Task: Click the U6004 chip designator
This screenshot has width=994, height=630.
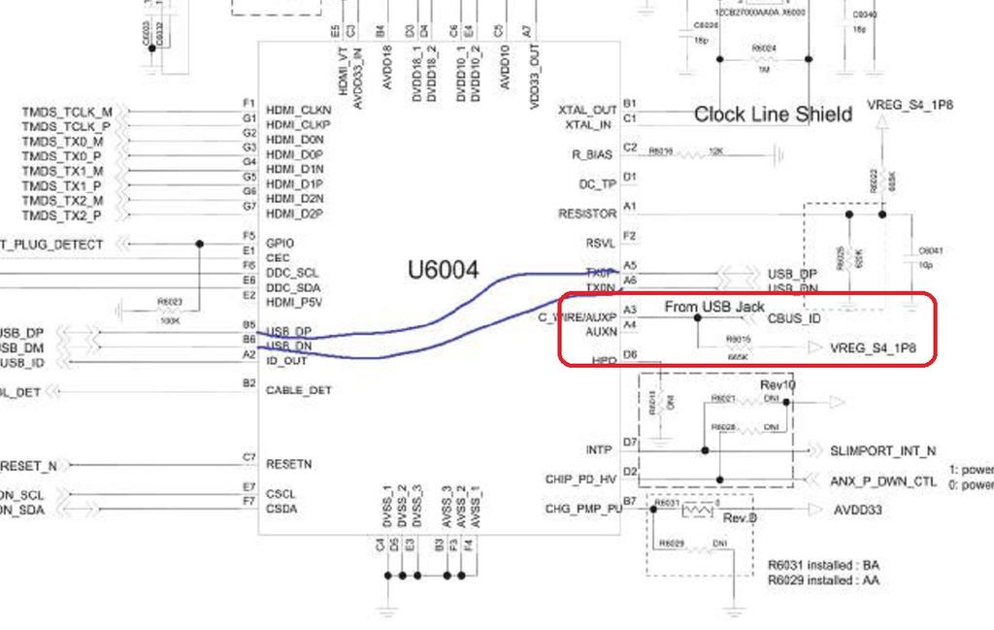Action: coord(444,271)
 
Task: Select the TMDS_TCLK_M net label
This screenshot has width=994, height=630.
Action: coord(67,112)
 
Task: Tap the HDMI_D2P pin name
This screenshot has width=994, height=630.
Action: coord(295,214)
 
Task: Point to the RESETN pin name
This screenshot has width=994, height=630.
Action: coord(288,464)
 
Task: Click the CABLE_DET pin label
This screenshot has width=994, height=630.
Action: coord(298,390)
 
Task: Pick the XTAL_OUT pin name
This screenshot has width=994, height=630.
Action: coord(588,110)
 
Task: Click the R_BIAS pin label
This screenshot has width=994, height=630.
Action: coord(593,154)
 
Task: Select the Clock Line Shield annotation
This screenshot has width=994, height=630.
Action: coord(773,115)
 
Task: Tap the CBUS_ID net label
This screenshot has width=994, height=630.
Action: coord(794,317)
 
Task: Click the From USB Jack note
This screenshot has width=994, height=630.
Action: coord(714,307)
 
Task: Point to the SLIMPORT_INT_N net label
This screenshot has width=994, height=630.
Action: coord(882,451)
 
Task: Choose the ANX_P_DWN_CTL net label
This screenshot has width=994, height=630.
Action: coord(883,481)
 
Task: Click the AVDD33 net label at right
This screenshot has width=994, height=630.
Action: coord(858,510)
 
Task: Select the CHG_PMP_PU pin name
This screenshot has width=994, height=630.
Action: coord(583,508)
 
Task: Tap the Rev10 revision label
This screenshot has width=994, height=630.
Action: coord(778,384)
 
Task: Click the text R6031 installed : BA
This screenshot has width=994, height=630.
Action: coord(829,565)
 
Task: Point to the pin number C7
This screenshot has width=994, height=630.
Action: coord(249,457)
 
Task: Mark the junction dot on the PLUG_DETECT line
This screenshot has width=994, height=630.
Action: coord(200,244)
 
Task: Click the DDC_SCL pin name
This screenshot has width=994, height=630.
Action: coord(292,273)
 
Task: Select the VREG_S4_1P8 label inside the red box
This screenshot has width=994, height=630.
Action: coord(874,348)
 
